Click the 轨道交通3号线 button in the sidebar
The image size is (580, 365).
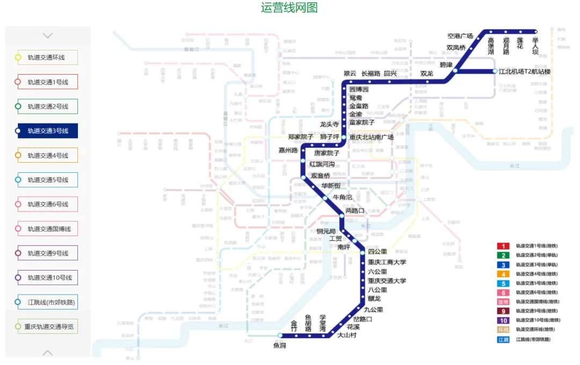(48, 131)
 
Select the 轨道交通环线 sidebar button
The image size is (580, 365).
(48, 57)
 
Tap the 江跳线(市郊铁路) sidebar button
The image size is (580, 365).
(48, 302)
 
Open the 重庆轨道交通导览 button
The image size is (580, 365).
(48, 326)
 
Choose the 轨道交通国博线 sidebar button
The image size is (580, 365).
(48, 229)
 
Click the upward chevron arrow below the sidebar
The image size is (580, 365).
(48, 353)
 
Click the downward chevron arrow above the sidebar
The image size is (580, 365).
(48, 35)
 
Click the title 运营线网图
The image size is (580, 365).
(289, 8)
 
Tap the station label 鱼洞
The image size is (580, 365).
(279, 345)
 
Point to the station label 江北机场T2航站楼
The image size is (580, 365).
(525, 71)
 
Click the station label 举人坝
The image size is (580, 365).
(535, 46)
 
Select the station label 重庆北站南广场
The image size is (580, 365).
(372, 137)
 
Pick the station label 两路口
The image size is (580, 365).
(354, 211)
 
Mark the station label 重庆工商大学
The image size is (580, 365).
(387, 262)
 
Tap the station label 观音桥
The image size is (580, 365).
(321, 176)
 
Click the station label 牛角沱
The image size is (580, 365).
(343, 197)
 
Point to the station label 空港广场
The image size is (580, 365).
(460, 36)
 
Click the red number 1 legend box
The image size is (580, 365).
(503, 246)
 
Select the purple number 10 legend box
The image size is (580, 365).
(503, 320)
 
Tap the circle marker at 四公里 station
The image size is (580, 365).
(363, 252)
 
